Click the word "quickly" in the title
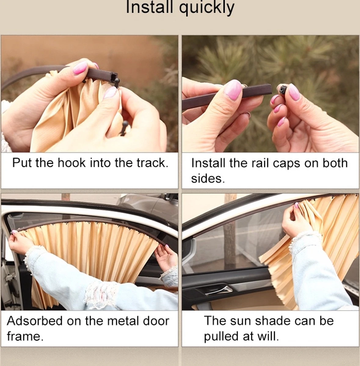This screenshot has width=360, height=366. (x=207, y=8)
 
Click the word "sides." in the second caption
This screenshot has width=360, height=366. (x=208, y=178)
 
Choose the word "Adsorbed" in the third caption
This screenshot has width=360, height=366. (x=35, y=321)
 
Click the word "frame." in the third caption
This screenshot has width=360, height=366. (x=25, y=336)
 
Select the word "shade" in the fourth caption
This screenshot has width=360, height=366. (x=273, y=321)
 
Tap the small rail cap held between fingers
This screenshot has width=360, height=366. (x=282, y=89)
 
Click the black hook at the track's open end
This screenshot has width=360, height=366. (x=116, y=81)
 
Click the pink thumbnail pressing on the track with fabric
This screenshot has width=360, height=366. (x=80, y=67)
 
